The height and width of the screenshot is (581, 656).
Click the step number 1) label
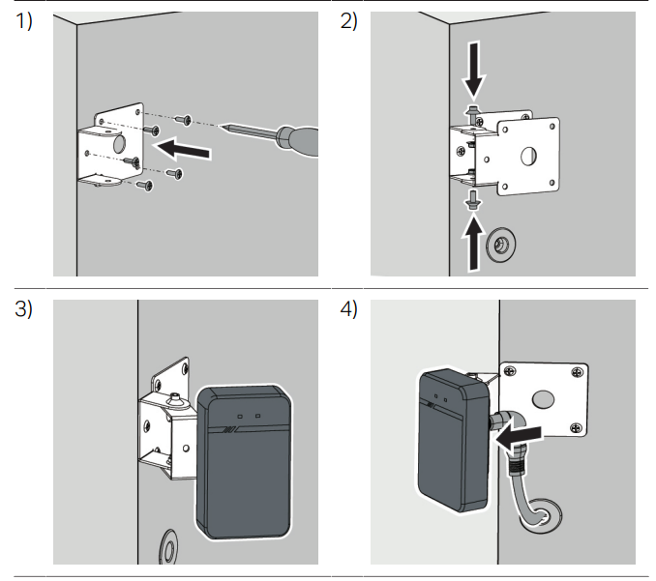(23, 21)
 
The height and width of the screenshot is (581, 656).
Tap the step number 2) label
(348, 21)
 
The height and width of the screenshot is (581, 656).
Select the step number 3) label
(23, 309)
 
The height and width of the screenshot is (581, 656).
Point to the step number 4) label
(348, 309)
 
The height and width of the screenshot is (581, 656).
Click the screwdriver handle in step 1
(298, 141)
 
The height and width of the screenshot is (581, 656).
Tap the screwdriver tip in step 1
(221, 126)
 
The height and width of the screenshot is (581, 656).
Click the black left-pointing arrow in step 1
(183, 149)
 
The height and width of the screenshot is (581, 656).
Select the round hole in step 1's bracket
(119, 143)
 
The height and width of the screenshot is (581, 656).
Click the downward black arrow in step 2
(474, 71)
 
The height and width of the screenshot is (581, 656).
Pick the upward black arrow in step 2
(473, 242)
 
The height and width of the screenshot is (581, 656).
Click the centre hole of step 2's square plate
(529, 156)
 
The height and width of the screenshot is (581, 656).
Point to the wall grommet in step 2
(500, 245)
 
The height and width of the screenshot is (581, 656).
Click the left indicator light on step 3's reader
(240, 417)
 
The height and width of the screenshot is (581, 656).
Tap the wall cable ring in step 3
(168, 547)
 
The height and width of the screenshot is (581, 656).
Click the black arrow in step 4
(518, 438)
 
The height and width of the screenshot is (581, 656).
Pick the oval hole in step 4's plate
(543, 399)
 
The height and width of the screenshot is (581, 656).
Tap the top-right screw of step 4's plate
(578, 371)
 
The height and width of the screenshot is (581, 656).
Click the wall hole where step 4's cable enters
(541, 515)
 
